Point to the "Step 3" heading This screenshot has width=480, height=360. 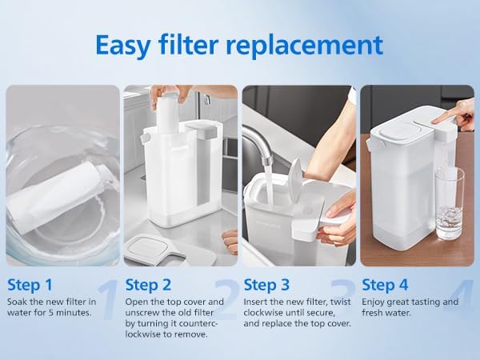click(266, 285)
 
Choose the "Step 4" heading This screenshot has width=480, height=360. click(385, 285)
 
